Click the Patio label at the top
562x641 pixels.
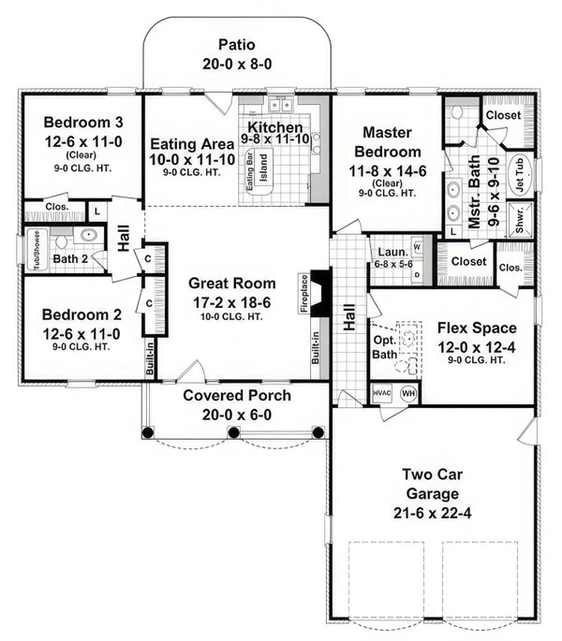(236, 44)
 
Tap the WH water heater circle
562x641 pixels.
(409, 393)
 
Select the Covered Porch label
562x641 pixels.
(236, 396)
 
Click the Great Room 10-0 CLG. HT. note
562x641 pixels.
(231, 315)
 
